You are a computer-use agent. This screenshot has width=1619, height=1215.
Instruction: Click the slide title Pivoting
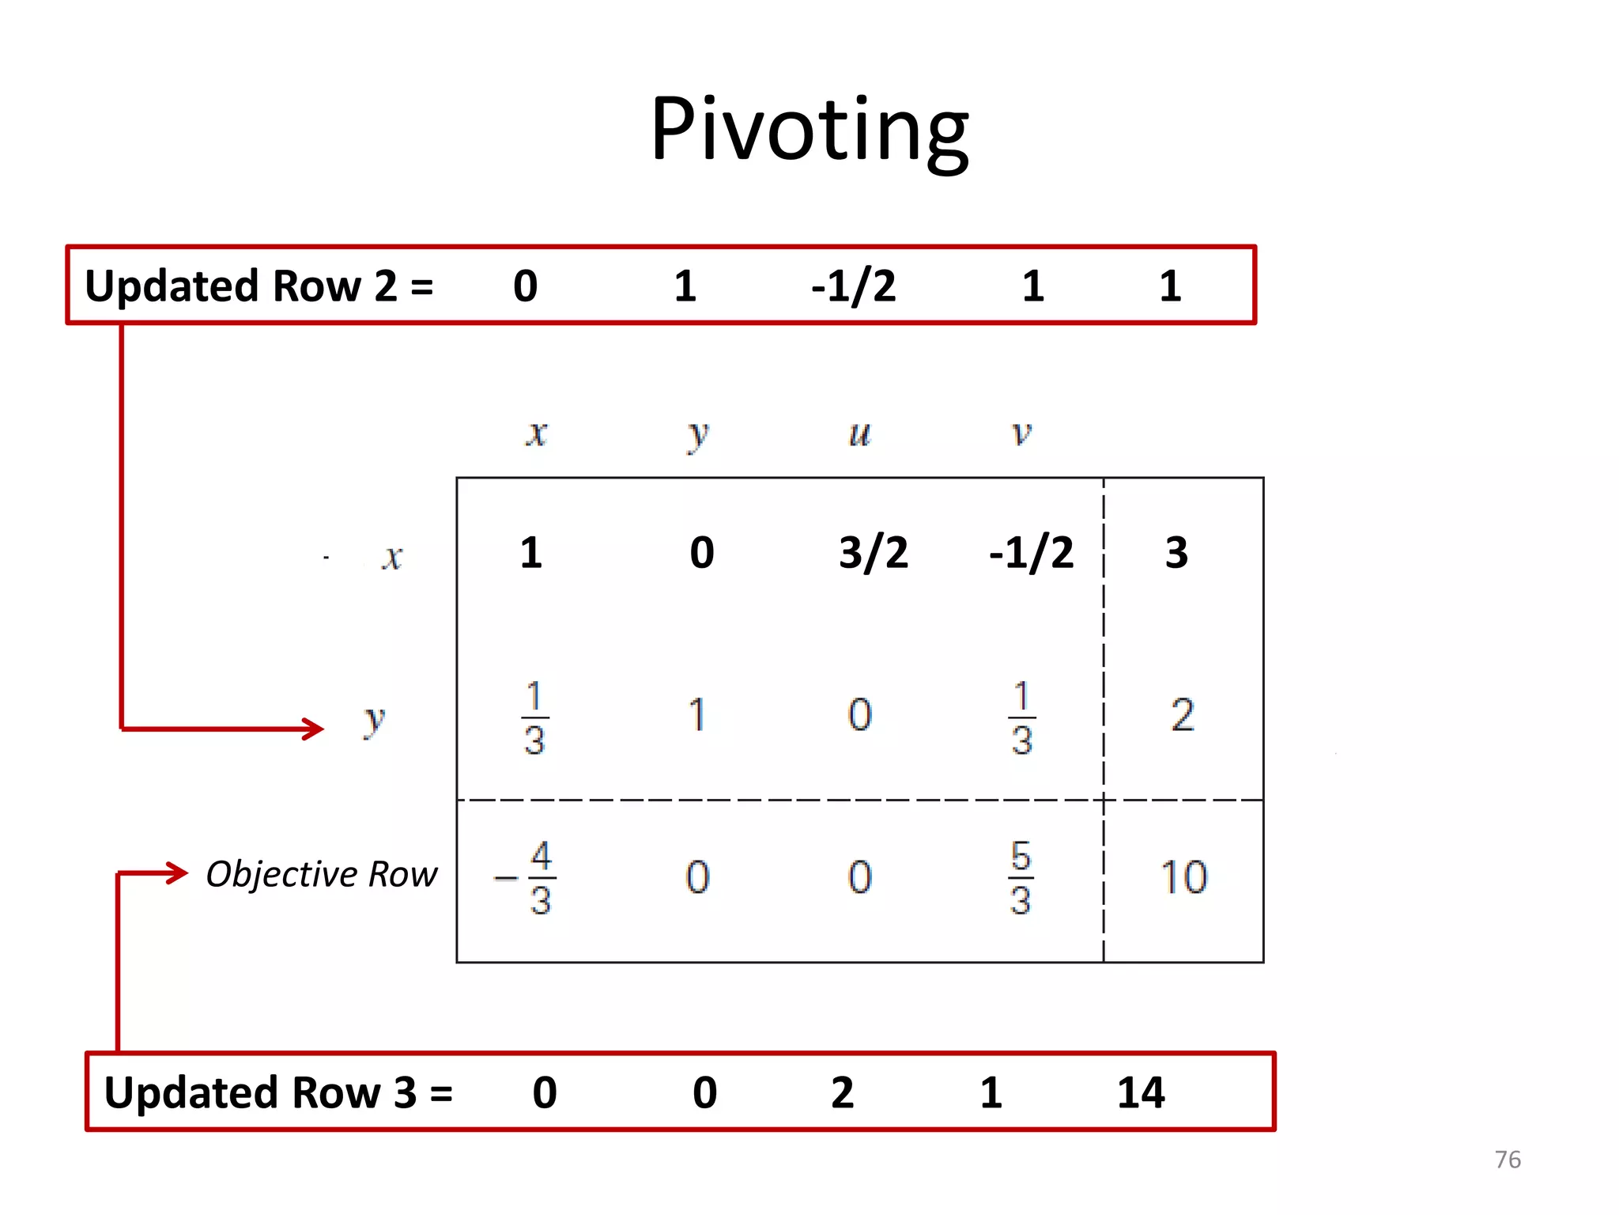coord(809,130)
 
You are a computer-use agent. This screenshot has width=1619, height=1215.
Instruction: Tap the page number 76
coord(1508,1159)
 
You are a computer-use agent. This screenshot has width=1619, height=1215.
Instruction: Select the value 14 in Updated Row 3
coord(1141,1092)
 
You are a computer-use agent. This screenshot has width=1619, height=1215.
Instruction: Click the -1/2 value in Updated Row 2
coord(854,286)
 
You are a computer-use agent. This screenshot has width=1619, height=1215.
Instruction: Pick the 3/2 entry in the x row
coord(874,552)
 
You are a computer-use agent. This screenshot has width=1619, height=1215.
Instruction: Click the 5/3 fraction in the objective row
coord(1021,878)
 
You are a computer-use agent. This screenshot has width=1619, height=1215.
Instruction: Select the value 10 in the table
coord(1183,877)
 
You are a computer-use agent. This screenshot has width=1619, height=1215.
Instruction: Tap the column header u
coord(859,433)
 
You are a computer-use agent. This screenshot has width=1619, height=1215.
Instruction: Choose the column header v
coord(1021,433)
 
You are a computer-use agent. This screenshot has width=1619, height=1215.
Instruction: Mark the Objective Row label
coord(321,874)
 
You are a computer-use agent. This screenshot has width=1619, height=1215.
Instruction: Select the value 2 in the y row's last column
coord(1183,715)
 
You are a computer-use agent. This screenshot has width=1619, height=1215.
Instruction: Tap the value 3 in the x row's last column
coord(1176,552)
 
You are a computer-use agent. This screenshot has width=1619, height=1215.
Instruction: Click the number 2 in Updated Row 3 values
coord(843,1092)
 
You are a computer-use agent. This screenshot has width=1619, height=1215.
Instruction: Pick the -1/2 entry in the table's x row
coord(1032,552)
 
